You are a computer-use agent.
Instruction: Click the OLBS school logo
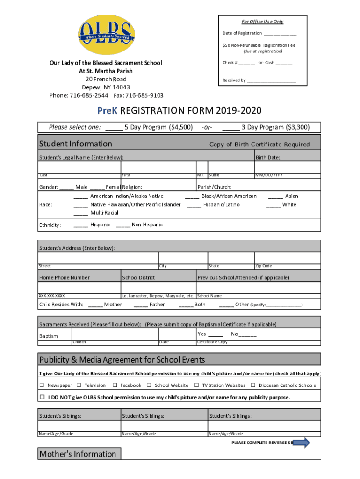pyautogui.click(x=106, y=35)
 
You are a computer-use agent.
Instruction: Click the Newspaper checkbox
pyautogui.click(x=42, y=385)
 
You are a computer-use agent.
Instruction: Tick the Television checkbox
pyautogui.click(x=79, y=385)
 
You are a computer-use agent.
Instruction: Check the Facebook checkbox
pyautogui.click(x=115, y=385)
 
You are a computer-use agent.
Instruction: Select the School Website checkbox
pyautogui.click(x=149, y=385)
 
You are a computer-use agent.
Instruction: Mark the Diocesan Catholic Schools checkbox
pyautogui.click(x=253, y=385)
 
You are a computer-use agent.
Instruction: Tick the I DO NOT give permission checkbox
pyautogui.click(x=42, y=397)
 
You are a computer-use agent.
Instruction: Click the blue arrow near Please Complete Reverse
pyautogui.click(x=301, y=443)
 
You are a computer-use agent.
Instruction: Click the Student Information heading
pyautogui.click(x=76, y=144)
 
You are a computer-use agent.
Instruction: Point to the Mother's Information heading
pyautogui.click(x=78, y=454)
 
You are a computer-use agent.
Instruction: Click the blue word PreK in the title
pyautogui.click(x=108, y=111)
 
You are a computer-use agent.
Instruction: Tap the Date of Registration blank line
pyautogui.click(x=280, y=34)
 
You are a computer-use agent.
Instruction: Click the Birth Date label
pyautogui.click(x=268, y=158)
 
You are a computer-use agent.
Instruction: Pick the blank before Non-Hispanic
pyautogui.click(x=123, y=225)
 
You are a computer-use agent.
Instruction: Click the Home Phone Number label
pyautogui.click(x=65, y=277)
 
